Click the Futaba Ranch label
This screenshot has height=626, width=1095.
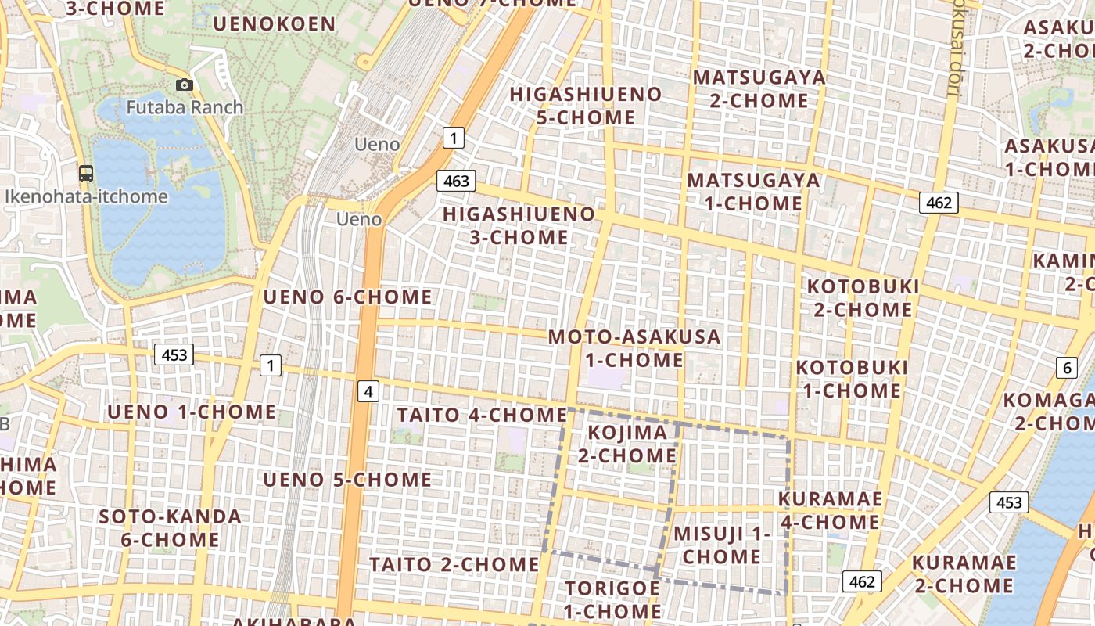pyautogui.click(x=185, y=107)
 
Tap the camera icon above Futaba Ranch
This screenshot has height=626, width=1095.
pyautogui.click(x=185, y=85)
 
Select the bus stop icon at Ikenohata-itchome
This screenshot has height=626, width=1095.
pyautogui.click(x=86, y=174)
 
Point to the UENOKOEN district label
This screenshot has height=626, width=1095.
pyautogui.click(x=275, y=23)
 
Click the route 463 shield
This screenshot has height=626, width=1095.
pyautogui.click(x=456, y=182)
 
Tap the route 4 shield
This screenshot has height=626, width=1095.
pyautogui.click(x=368, y=391)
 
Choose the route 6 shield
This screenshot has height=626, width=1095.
pyautogui.click(x=1066, y=368)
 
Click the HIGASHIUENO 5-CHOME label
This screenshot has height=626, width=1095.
pyautogui.click(x=586, y=106)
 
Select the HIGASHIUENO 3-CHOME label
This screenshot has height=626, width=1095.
pyautogui.click(x=519, y=225)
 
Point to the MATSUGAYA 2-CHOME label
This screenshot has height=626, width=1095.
pyautogui.click(x=759, y=89)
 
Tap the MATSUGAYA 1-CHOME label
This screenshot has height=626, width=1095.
pyautogui.click(x=754, y=192)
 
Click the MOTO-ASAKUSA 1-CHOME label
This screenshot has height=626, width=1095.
pyautogui.click(x=634, y=348)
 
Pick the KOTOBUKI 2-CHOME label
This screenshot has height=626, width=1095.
pyautogui.click(x=863, y=298)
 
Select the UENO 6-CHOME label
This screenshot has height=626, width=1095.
pyautogui.click(x=347, y=297)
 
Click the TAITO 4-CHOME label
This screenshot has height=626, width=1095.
pyautogui.click(x=482, y=415)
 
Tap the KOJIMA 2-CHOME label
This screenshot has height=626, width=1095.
pyautogui.click(x=627, y=444)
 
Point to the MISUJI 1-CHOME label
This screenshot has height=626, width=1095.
pyautogui.click(x=722, y=545)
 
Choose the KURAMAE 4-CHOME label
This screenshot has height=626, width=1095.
pyautogui.click(x=831, y=510)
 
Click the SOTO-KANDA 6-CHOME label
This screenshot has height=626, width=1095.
pyautogui.click(x=170, y=528)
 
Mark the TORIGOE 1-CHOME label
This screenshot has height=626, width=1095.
pyautogui.click(x=612, y=599)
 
